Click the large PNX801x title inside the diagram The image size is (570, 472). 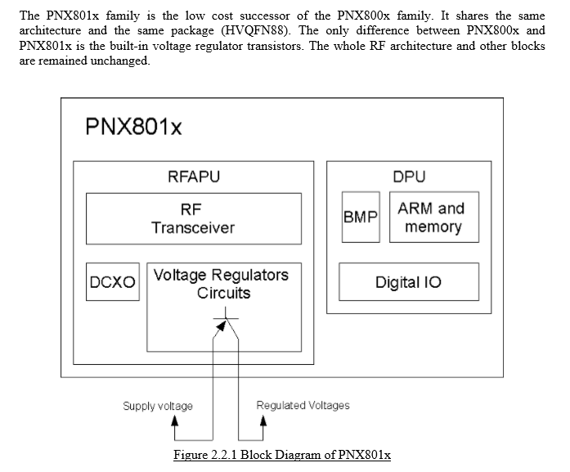click(133, 127)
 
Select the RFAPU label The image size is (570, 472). click(194, 177)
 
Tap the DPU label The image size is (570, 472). click(409, 177)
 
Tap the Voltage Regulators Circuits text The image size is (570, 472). click(222, 284)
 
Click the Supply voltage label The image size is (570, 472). click(158, 406)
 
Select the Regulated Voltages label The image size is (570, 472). click(303, 405)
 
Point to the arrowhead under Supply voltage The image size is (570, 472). click(175, 420)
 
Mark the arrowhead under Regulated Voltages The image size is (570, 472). click(263, 420)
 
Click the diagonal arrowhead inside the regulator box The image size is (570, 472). click(221, 325)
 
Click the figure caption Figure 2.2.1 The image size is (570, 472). click(282, 455)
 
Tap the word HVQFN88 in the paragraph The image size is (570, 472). click(256, 30)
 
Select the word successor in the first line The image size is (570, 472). click(265, 16)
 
